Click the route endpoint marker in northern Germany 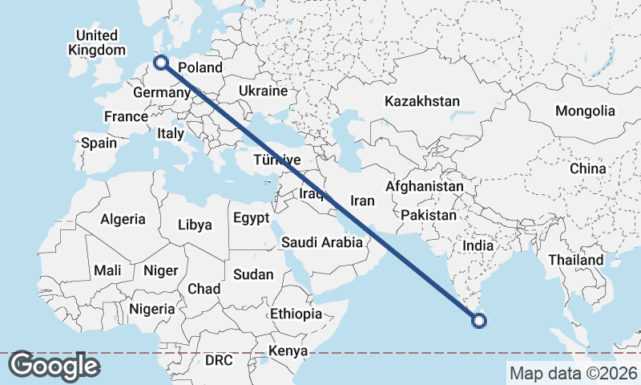point(161,62)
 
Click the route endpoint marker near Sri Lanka point(479,322)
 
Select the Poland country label point(200,67)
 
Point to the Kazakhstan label point(422,102)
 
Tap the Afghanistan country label point(425,187)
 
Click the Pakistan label point(429,216)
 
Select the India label point(479,245)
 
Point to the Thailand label point(576,261)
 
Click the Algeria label point(123,219)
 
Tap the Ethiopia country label point(296,314)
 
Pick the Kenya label point(287,351)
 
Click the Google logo point(54,366)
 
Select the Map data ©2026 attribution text point(573,373)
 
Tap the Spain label point(99,144)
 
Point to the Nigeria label point(151,309)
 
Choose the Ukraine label point(263,91)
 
